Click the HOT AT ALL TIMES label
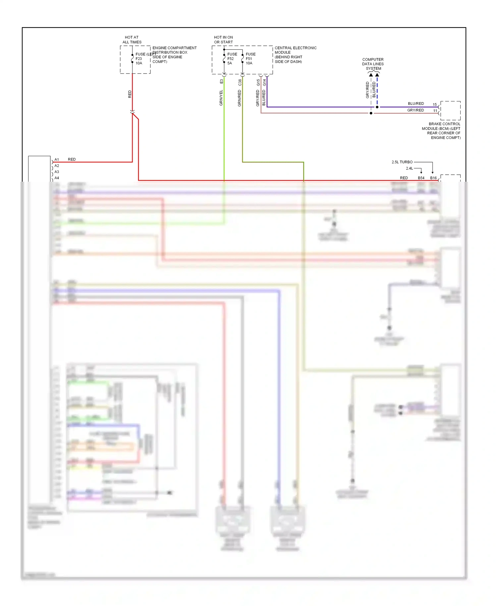click(x=132, y=40)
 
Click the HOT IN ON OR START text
click(x=223, y=40)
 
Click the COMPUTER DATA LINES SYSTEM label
click(x=373, y=64)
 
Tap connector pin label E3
click(x=222, y=81)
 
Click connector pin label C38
click(x=240, y=83)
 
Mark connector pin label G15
click(x=258, y=83)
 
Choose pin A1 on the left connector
click(x=57, y=160)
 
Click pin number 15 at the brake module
click(x=435, y=105)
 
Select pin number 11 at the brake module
click(x=435, y=111)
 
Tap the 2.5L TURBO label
click(x=402, y=162)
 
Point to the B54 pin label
click(x=421, y=178)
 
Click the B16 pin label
click(x=433, y=178)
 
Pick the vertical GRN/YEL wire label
click(x=221, y=98)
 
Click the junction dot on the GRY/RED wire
click(x=371, y=113)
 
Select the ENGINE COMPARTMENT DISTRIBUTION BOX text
click(x=174, y=55)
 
